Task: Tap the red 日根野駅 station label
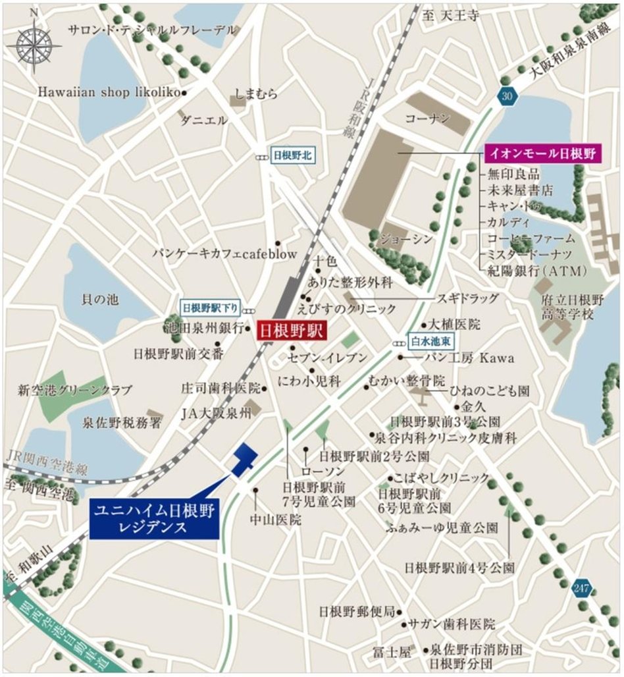(288, 331)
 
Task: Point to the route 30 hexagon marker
(506, 96)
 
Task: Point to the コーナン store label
(427, 119)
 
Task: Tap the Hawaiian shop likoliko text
(109, 93)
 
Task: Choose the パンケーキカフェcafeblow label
(225, 254)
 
